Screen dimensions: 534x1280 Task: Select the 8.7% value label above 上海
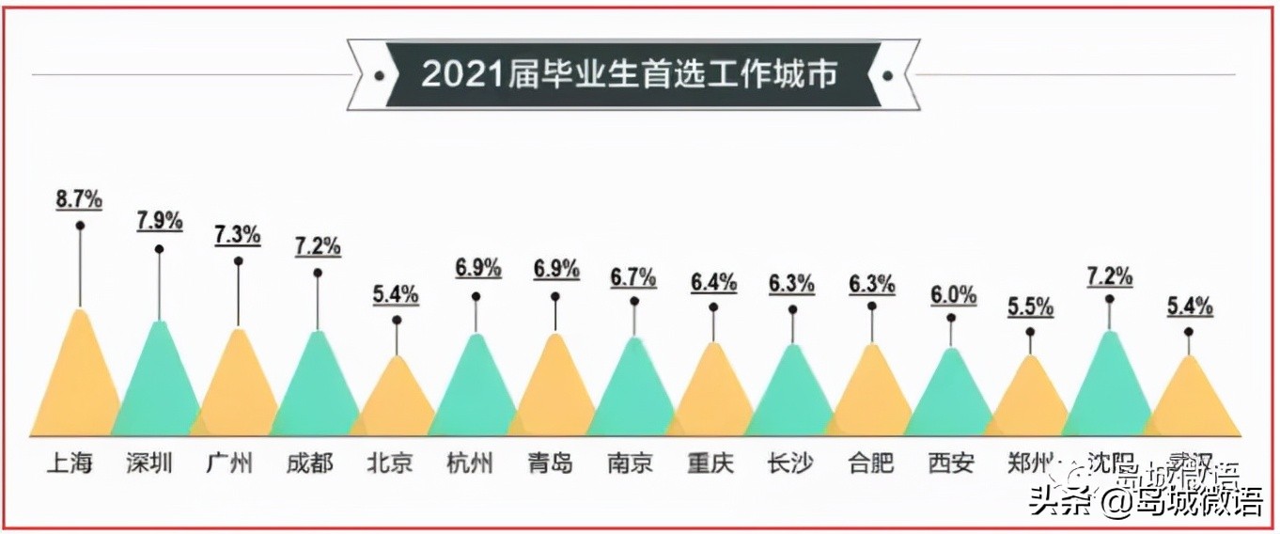pos(79,198)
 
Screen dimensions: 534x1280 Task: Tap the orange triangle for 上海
pos(79,385)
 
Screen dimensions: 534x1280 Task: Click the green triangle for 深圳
pos(159,390)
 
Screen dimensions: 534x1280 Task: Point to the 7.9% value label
pos(159,223)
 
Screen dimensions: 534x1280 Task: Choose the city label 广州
pos(229,463)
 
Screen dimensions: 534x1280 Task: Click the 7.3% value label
pos(238,235)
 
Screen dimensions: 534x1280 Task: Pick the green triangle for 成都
pos(317,395)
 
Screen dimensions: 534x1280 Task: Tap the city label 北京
pos(388,463)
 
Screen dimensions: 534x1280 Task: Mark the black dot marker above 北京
pos(397,321)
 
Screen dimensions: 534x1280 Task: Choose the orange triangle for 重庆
pos(713,400)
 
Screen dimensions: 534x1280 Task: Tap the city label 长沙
pos(789,463)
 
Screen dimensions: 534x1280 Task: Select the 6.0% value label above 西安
pos(951,294)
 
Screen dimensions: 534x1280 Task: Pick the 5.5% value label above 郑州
pos(1030,306)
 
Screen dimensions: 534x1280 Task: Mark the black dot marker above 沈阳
pos(1109,299)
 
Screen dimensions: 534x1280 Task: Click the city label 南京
pos(629,463)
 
